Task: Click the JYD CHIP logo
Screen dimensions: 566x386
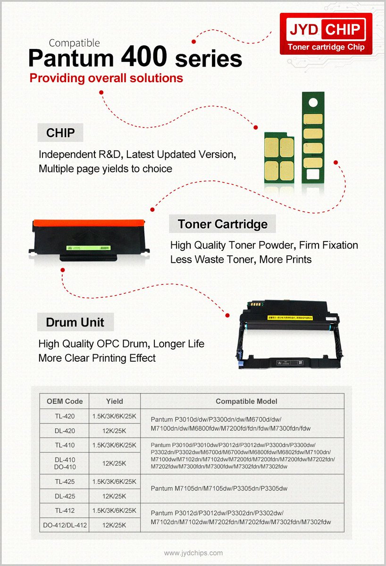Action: point(326,33)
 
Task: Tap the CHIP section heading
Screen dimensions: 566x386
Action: point(60,133)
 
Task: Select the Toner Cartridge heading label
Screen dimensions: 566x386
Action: point(222,224)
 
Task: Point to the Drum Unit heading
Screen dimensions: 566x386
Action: point(75,323)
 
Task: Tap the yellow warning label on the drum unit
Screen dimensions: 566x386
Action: point(288,317)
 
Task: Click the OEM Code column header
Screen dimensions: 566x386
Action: point(65,401)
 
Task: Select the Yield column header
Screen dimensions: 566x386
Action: point(114,401)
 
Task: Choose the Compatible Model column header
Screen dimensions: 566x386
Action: point(246,401)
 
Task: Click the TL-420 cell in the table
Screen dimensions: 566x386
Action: point(65,416)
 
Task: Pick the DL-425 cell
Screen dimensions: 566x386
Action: point(65,496)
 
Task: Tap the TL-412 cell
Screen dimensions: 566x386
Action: point(65,510)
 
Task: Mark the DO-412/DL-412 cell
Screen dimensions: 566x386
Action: point(65,525)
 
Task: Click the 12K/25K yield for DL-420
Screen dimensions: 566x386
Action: point(114,431)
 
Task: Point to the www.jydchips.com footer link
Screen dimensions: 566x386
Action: point(193,553)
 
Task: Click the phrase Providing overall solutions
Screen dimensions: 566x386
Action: point(106,78)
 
